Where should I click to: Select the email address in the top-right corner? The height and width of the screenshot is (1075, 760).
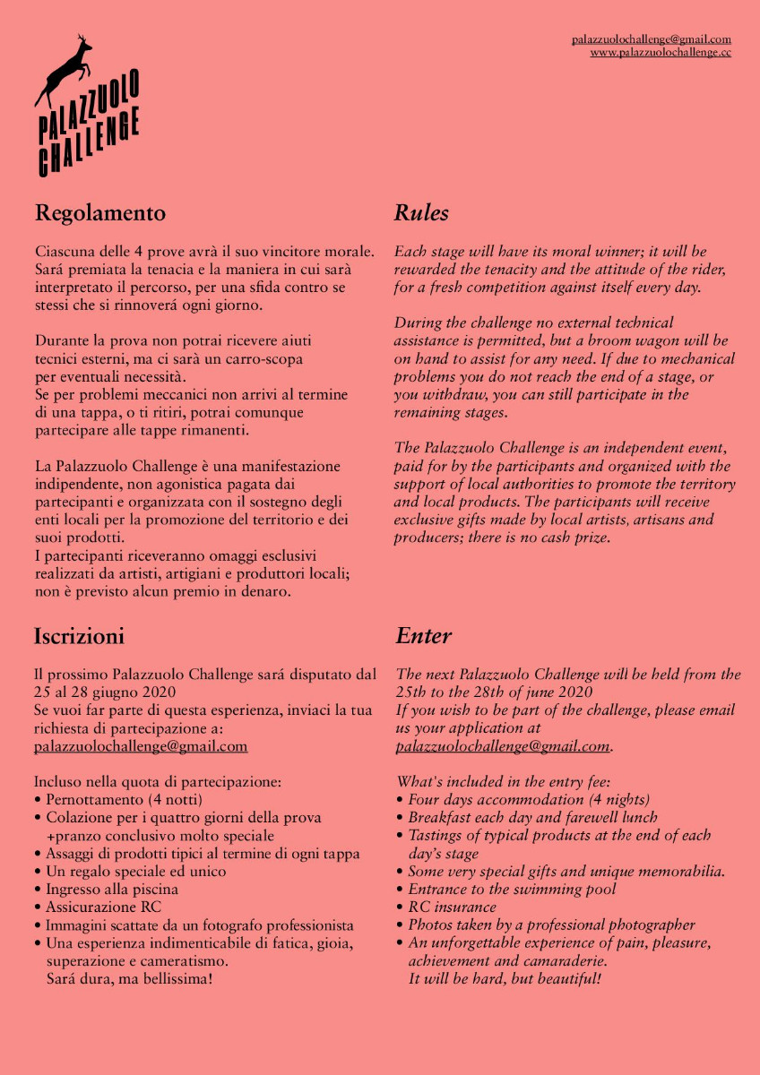[652, 39]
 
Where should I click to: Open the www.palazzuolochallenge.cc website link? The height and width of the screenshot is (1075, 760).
[661, 53]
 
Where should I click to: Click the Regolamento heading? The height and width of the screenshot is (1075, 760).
[100, 213]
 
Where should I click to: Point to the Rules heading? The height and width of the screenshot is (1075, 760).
[421, 213]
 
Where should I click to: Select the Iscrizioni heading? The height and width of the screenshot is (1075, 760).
[79, 636]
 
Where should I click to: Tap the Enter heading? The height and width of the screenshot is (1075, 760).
[423, 636]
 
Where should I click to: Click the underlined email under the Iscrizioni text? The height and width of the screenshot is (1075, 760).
[141, 745]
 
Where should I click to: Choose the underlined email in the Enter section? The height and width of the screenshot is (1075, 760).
[503, 745]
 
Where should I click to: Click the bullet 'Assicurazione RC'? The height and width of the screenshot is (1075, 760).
[103, 907]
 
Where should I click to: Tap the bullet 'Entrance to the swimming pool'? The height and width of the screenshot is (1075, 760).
[512, 889]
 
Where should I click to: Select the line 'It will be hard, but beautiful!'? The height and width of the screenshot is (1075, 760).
[505, 978]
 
